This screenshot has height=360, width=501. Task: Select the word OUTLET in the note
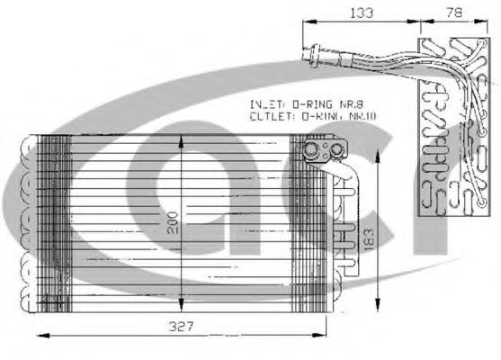(266, 116)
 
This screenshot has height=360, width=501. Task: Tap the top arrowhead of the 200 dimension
(183, 138)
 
